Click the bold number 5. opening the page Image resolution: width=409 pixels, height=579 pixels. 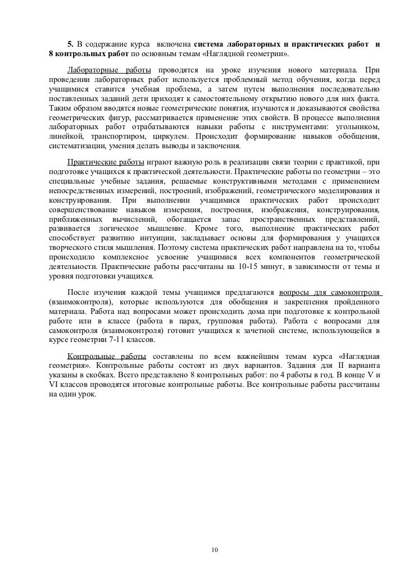(x=71, y=44)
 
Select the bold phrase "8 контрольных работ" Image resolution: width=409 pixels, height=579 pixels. (x=89, y=54)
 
